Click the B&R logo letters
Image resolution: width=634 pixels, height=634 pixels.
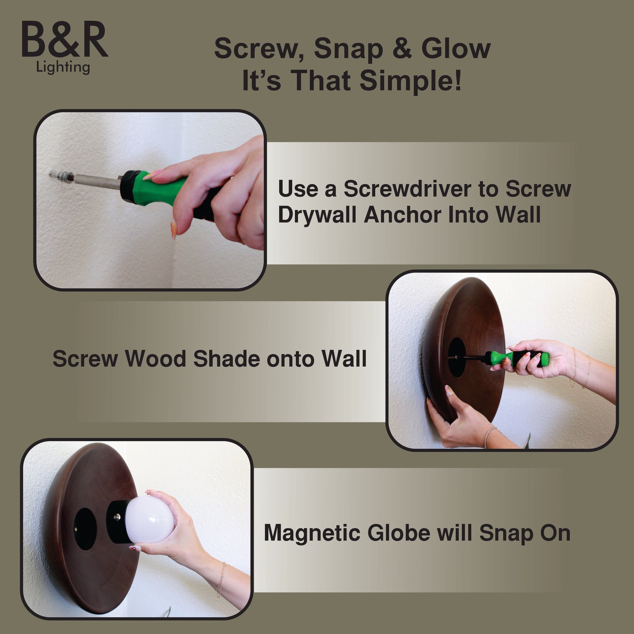(65, 40)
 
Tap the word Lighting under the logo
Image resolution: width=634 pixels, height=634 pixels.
(63, 67)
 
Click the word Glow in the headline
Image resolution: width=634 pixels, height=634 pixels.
(456, 49)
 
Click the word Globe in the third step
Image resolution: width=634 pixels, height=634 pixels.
(398, 533)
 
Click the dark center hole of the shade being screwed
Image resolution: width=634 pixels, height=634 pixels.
(457, 357)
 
